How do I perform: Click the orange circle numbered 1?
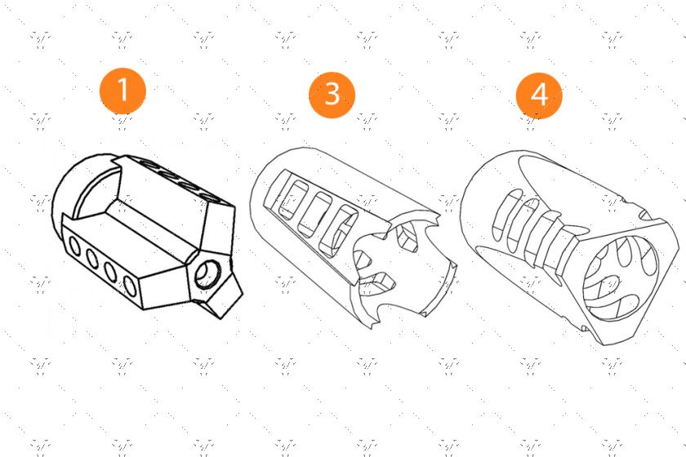click(x=122, y=91)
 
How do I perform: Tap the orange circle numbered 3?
click(x=332, y=95)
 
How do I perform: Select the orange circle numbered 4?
click(x=539, y=95)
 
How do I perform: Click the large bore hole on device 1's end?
click(x=208, y=274)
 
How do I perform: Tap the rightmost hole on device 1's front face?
click(x=130, y=286)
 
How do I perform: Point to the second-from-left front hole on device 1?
click(x=92, y=259)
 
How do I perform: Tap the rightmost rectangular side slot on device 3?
click(x=339, y=230)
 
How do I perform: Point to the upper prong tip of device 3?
click(x=436, y=215)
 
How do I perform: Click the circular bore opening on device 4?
click(x=621, y=277)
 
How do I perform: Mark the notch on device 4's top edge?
click(x=644, y=215)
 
